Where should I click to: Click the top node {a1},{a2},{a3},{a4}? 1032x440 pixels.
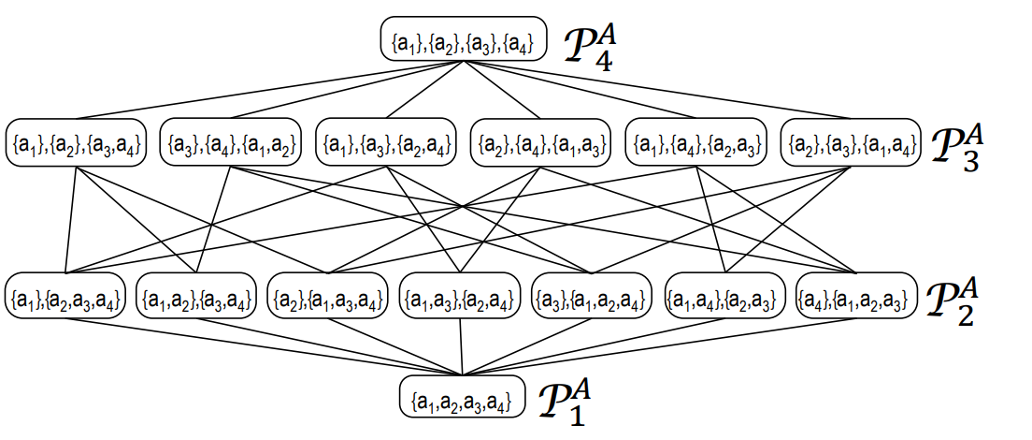463,42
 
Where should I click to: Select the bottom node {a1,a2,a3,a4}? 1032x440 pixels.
460,400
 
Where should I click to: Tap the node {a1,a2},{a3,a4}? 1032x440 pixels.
197,299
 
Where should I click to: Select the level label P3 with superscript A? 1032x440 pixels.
957,147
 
